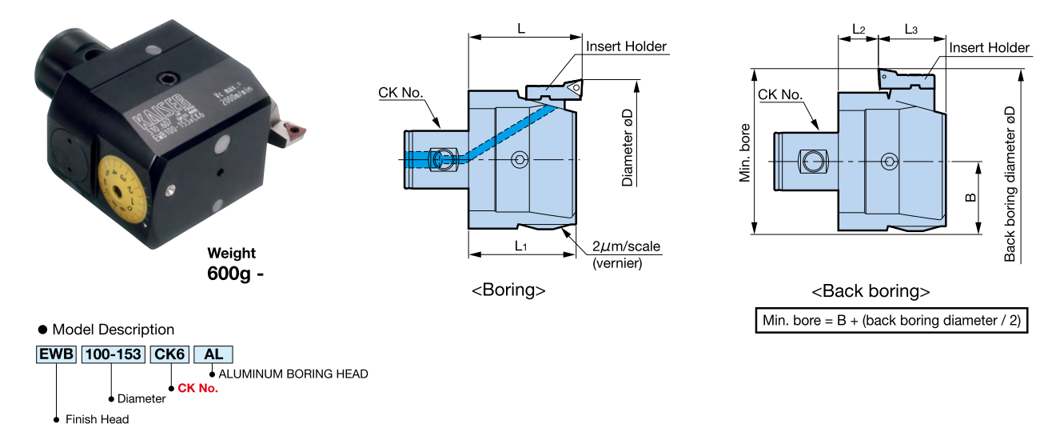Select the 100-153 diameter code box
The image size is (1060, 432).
pos(114,354)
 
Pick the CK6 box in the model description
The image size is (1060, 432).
pos(169,354)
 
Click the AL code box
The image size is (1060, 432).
pos(213,354)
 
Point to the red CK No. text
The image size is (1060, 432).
pos(197,388)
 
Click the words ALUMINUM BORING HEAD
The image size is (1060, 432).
pos(293,374)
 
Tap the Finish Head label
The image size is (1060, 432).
pos(97,419)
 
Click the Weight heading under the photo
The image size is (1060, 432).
pos(232,254)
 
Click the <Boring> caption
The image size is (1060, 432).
pos(508,290)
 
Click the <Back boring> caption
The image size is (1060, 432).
pos(871,291)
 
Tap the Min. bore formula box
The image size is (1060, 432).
pos(891,320)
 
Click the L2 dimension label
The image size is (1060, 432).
pos(858,30)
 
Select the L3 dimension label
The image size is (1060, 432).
pos(911,30)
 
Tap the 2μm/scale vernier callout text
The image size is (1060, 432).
pos(627,246)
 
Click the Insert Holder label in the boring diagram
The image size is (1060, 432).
pos(626,46)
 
